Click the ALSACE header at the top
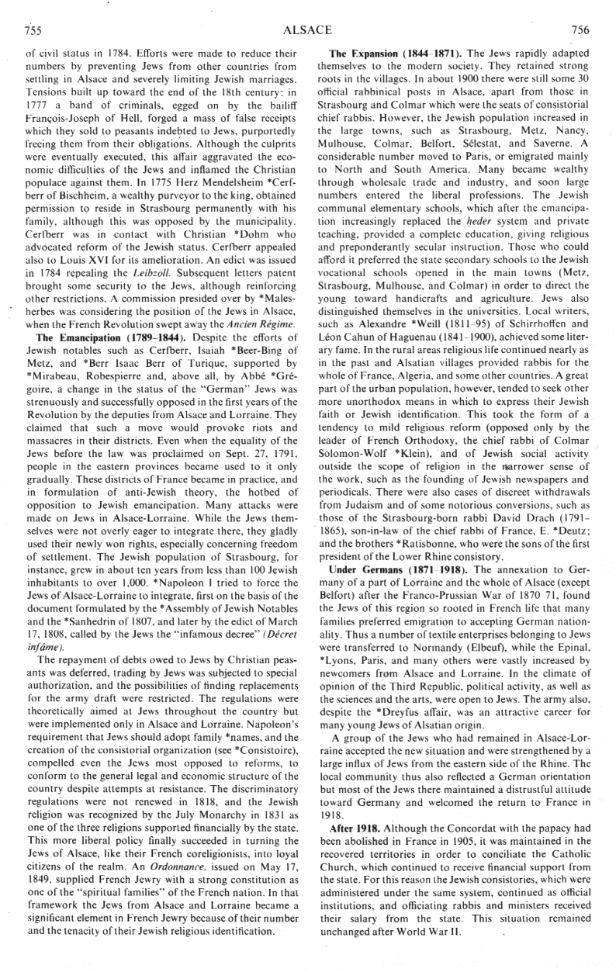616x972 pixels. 309,31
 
